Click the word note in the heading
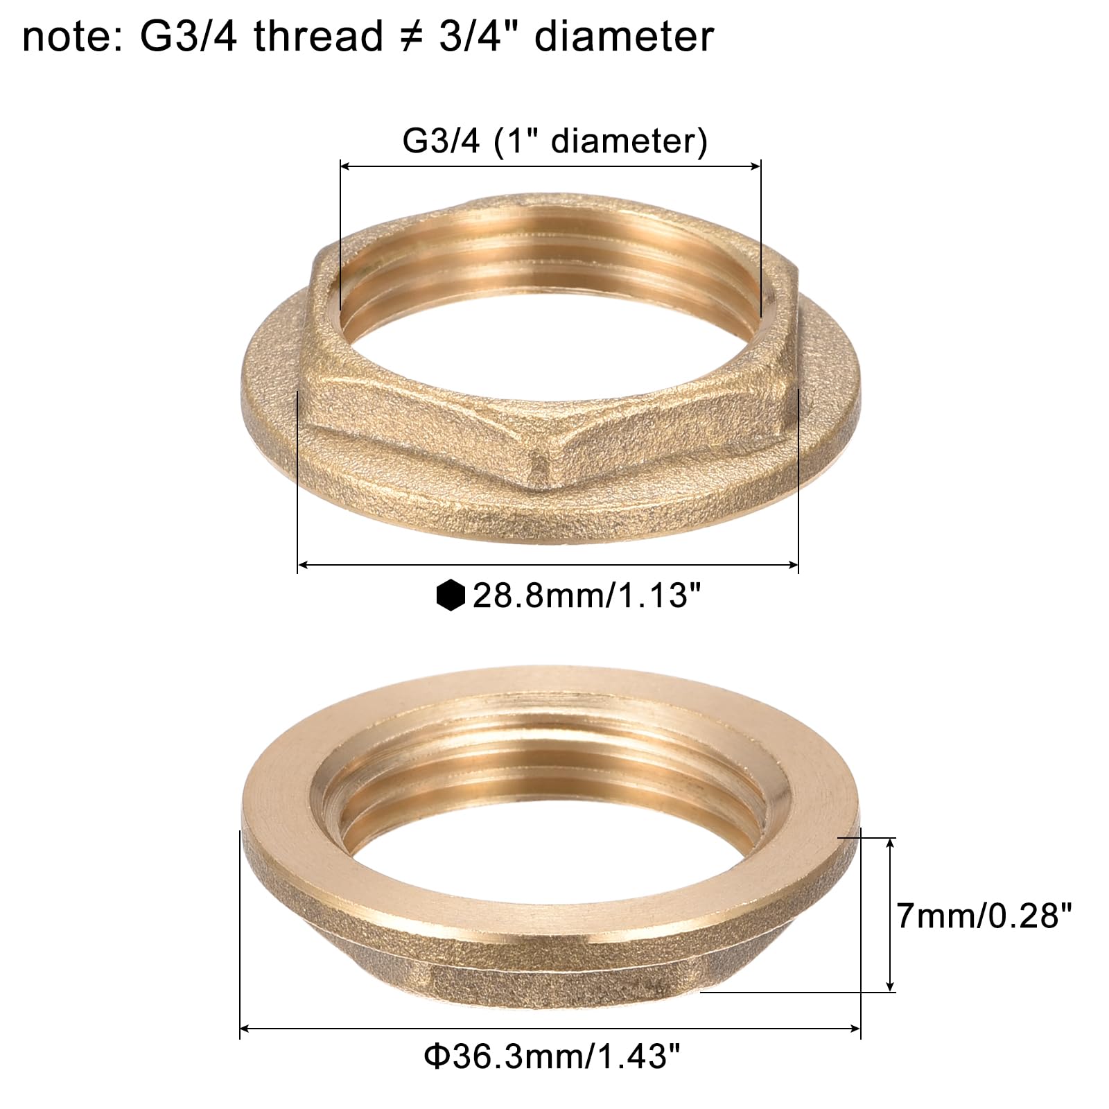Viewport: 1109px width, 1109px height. pyautogui.click(x=69, y=37)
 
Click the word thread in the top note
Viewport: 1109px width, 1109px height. pyautogui.click(x=318, y=37)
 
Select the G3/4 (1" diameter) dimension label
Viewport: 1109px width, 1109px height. pyautogui.click(x=554, y=141)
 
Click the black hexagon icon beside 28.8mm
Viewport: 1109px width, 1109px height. pyautogui.click(x=451, y=595)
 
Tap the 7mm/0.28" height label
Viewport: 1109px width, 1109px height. pyautogui.click(x=984, y=915)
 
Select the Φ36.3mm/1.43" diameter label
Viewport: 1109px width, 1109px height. pyautogui.click(x=552, y=1057)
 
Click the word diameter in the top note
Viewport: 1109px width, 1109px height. pyautogui.click(x=624, y=37)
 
